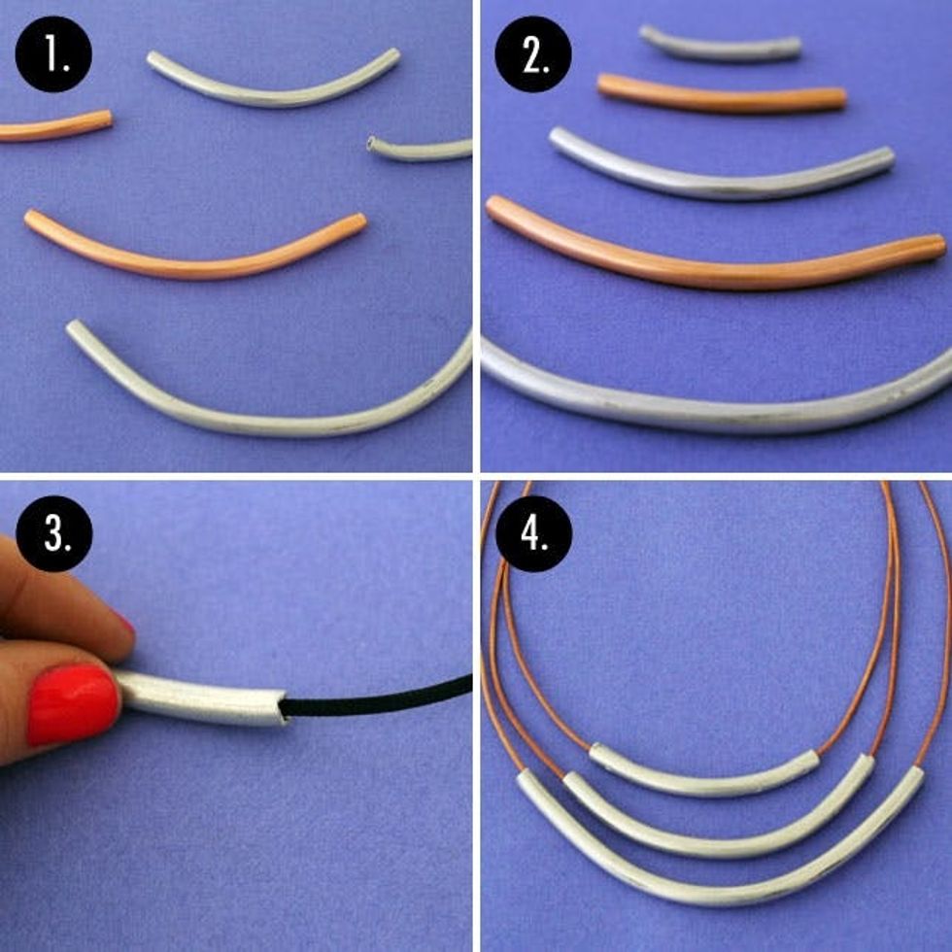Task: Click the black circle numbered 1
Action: (53, 54)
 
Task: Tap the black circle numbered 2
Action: (533, 54)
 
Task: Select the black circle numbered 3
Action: (53, 533)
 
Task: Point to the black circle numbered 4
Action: (533, 533)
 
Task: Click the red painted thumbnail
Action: (73, 704)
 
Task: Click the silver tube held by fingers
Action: (200, 699)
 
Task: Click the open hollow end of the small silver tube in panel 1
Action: (372, 145)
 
